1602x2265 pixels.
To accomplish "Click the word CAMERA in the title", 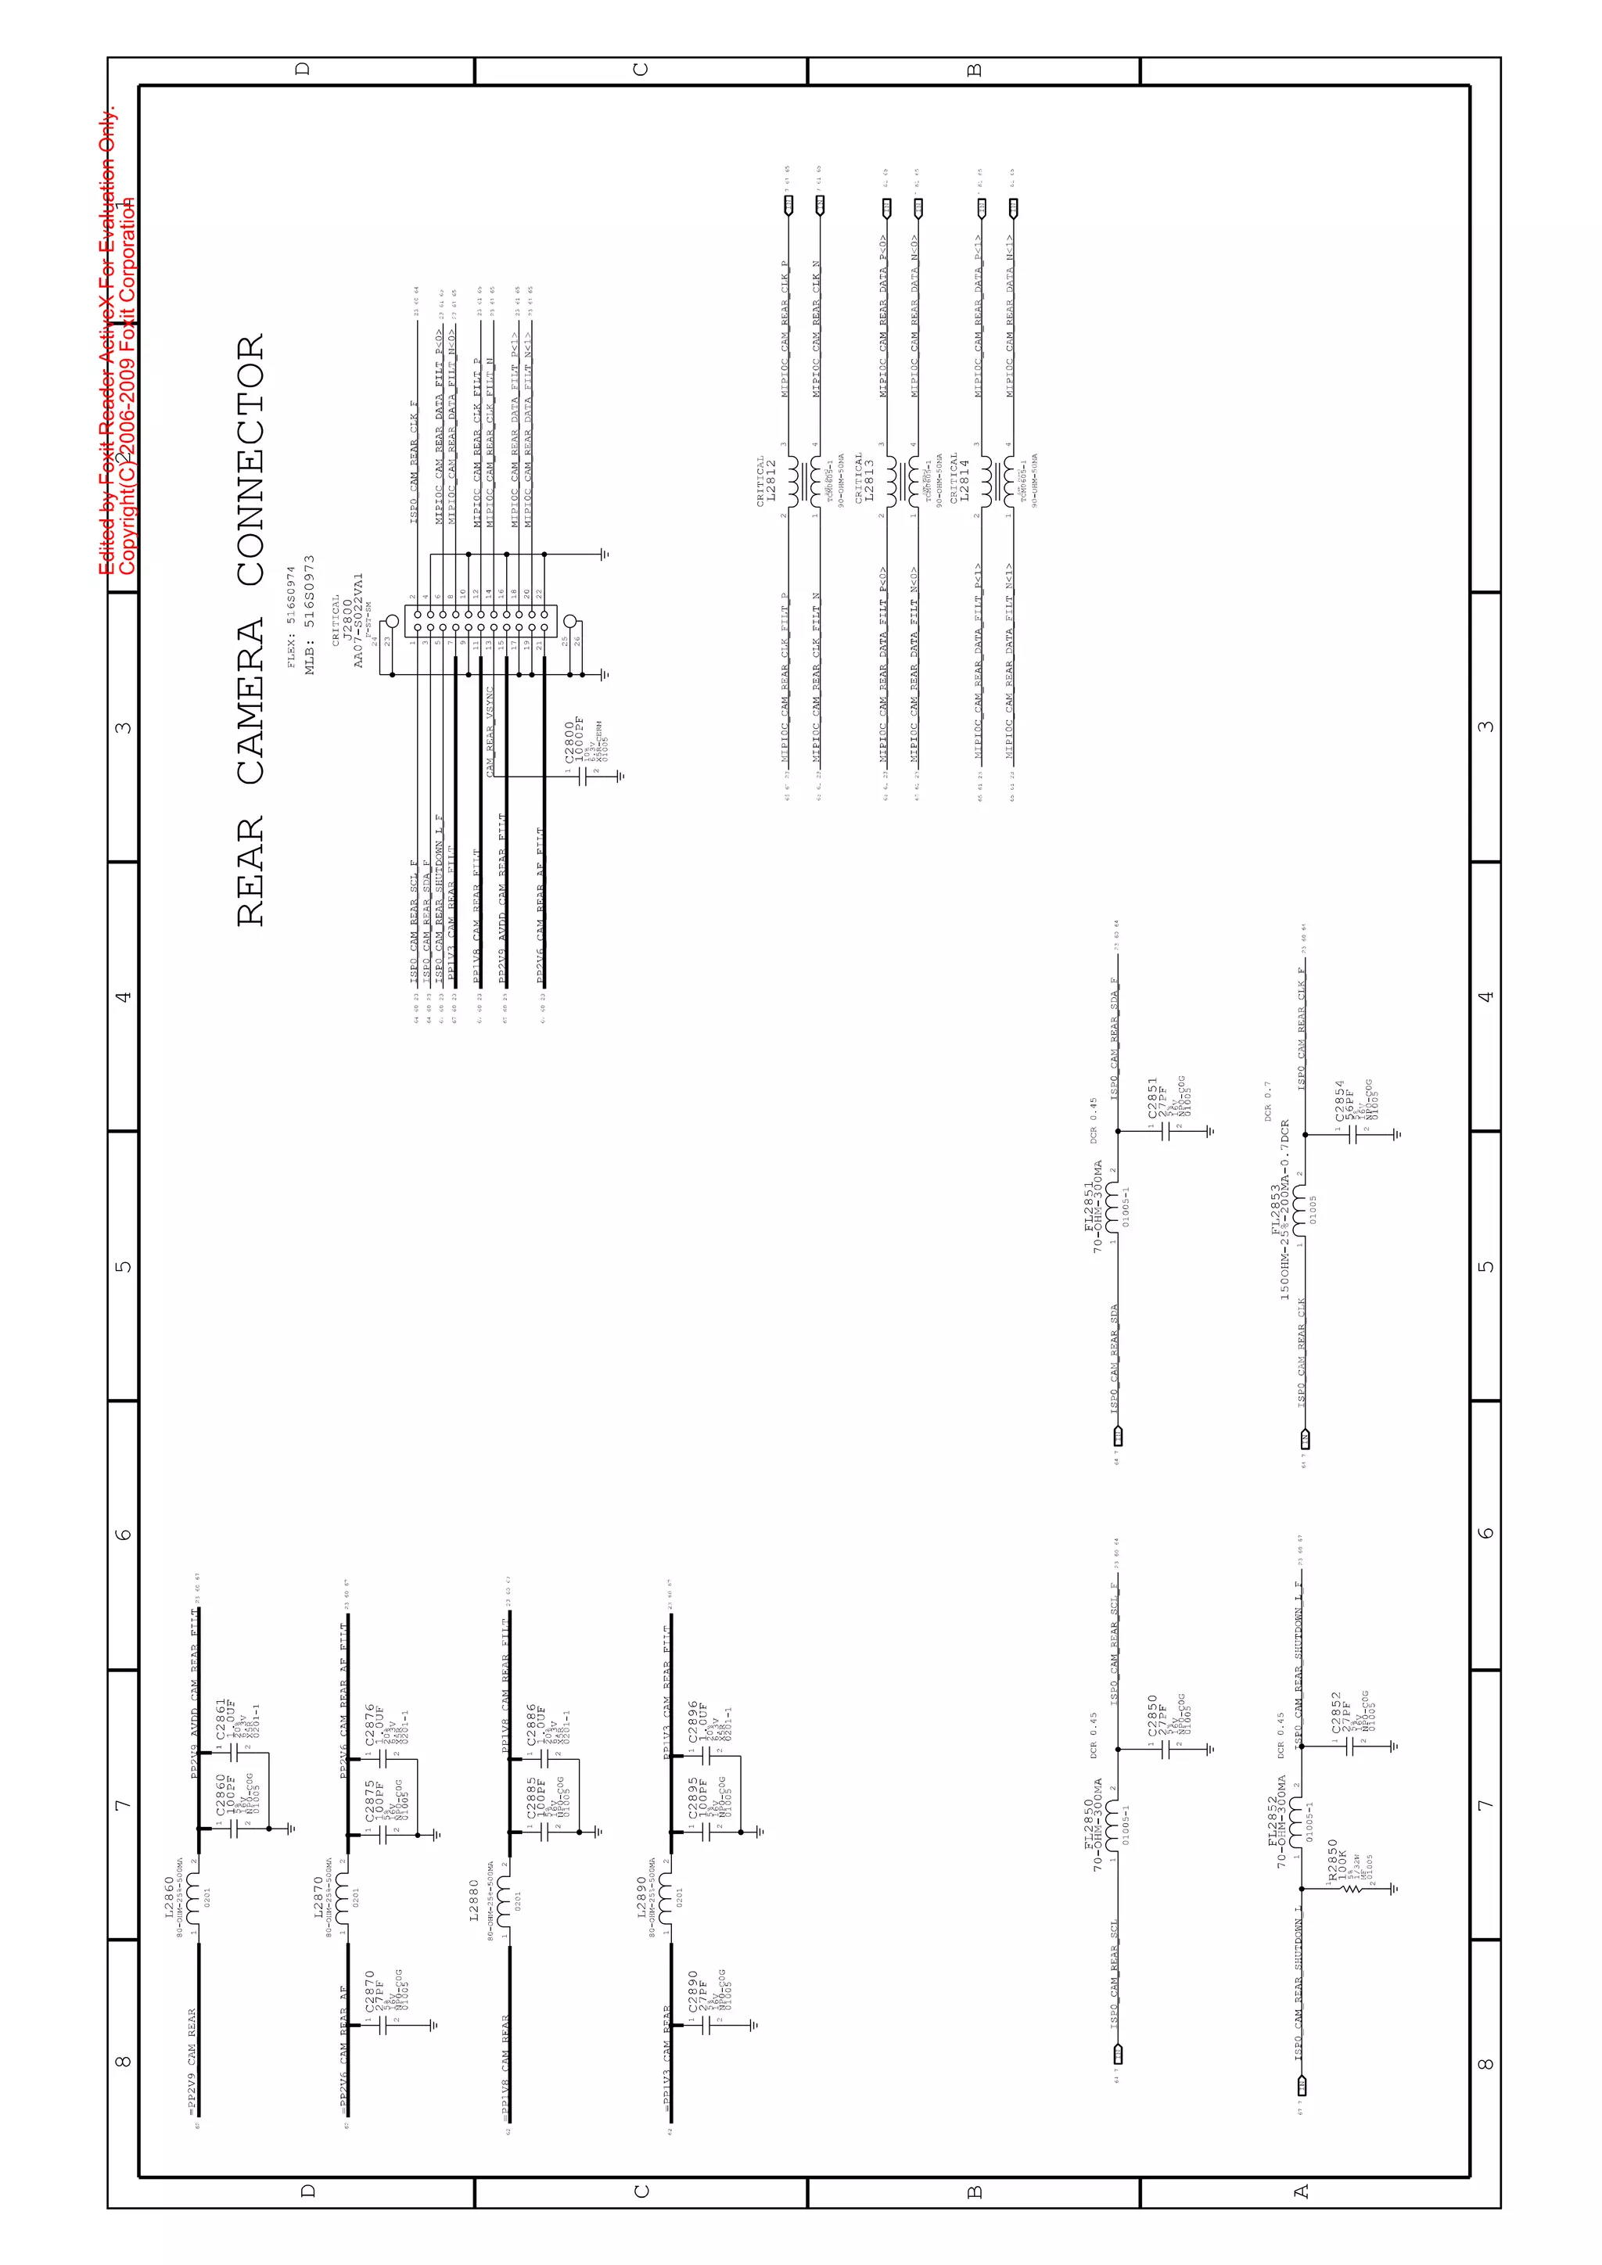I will (250, 702).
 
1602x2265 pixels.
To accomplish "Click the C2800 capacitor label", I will (569, 742).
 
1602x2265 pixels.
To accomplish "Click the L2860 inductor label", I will (169, 1897).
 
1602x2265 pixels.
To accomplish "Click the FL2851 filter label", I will (1089, 1205).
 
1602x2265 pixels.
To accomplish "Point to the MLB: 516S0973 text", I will (310, 615).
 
